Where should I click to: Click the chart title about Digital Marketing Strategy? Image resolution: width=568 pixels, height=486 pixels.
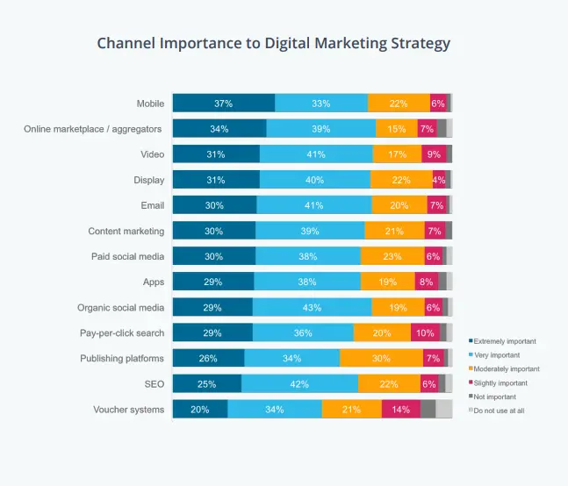coord(272,42)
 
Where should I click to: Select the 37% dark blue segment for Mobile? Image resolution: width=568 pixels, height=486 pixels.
coord(223,104)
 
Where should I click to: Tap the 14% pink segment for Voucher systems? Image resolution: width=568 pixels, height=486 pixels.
coord(400,410)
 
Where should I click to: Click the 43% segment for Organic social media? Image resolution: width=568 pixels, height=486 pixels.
coord(312,308)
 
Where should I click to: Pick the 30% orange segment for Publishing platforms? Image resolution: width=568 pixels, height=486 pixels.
coord(381,359)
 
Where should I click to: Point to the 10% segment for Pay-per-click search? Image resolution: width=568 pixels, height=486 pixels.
coord(425,333)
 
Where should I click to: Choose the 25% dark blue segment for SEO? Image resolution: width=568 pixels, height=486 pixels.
coord(206,384)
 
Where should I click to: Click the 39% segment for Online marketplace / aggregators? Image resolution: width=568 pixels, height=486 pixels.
coord(320,129)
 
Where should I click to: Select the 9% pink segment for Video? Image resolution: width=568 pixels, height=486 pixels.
coord(433,154)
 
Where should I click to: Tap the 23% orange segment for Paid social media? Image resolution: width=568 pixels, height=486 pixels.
coord(392,256)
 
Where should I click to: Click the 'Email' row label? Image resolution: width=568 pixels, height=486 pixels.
coord(152,205)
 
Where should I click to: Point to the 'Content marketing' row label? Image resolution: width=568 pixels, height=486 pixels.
coord(126,232)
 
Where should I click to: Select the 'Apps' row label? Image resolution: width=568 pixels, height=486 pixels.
coord(153,282)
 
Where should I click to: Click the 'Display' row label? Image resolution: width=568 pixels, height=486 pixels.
coord(148,180)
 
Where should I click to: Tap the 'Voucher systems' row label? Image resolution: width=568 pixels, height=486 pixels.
coord(128,410)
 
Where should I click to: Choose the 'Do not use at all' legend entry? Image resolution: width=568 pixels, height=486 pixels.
coord(499,411)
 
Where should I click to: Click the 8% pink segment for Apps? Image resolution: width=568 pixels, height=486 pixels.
coord(426,282)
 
